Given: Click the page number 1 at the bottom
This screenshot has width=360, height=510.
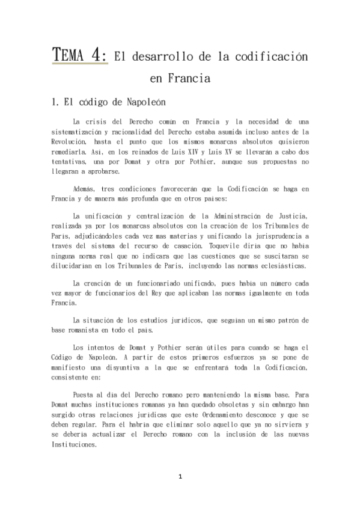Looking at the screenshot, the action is click(x=180, y=477).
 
